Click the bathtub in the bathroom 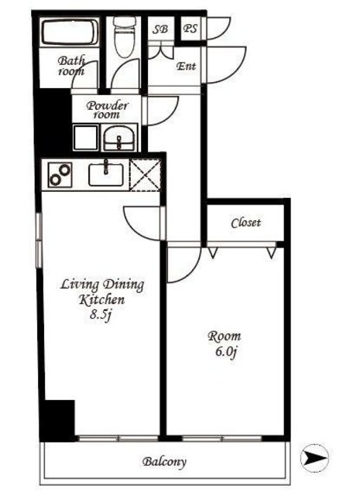click(69, 32)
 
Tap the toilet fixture click(125, 36)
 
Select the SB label click(160, 29)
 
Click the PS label click(190, 29)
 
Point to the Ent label click(186, 67)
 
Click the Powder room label click(107, 110)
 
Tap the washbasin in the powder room click(119, 138)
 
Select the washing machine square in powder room click(85, 138)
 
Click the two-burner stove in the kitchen click(60, 175)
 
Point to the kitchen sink click(106, 175)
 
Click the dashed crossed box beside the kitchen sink click(146, 175)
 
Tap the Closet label click(246, 223)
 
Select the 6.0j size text click(226, 352)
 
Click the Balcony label click(164, 462)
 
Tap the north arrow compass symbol click(314, 457)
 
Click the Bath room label click(71, 66)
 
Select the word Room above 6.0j click(224, 336)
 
